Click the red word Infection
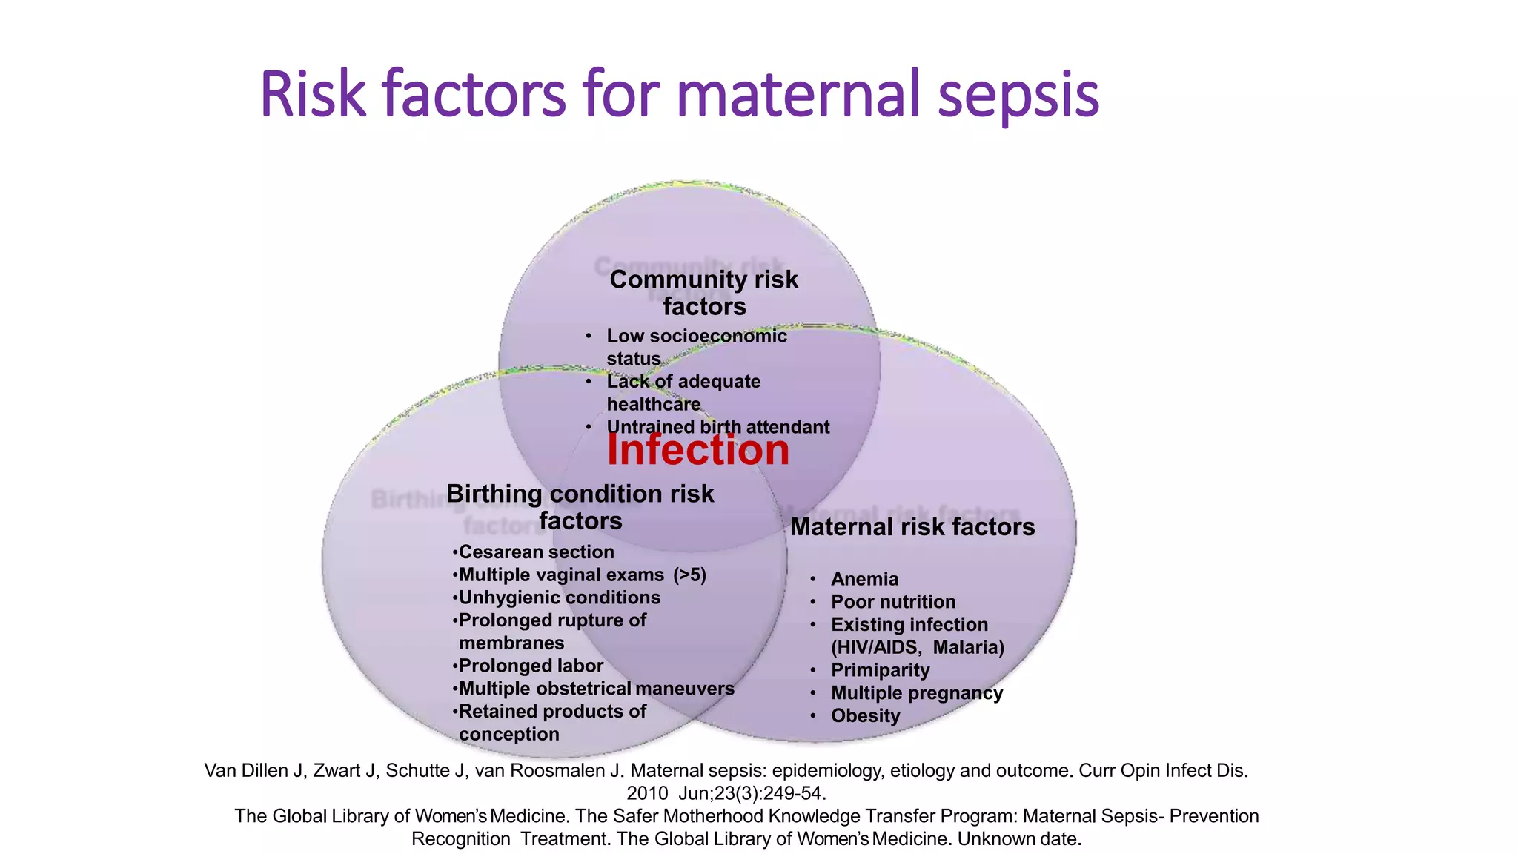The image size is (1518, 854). coord(697,450)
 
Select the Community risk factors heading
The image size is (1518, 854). coord(703,293)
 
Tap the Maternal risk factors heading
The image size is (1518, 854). coord(912,527)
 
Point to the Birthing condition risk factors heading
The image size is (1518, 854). coord(580,507)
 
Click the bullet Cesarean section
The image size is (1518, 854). coord(535,552)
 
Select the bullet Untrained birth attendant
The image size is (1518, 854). coord(717,427)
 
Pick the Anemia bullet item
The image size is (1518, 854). coord(864,579)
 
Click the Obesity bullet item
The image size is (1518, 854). coord(865,716)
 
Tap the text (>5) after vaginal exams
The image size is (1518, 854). coord(689,575)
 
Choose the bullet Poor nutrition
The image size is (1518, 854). coord(892,602)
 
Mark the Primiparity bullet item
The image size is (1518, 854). coord(880,670)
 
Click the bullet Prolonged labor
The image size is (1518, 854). coord(530,666)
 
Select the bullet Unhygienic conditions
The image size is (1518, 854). coord(559,598)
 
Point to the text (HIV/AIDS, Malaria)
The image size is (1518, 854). coord(917,647)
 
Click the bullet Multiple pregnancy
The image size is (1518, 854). coord(916,693)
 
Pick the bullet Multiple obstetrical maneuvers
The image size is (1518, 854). coord(596,689)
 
